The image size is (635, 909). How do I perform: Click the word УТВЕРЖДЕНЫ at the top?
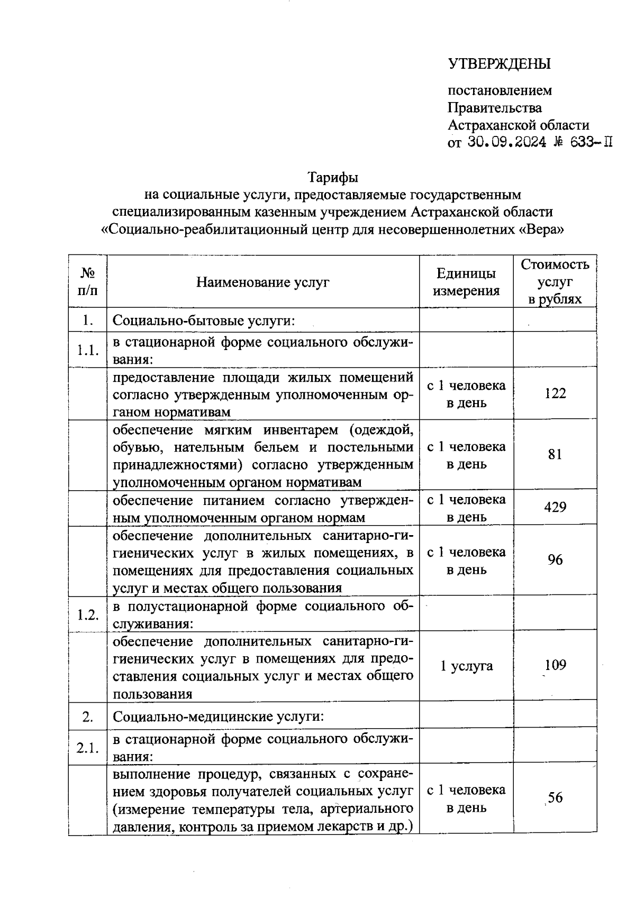point(500,64)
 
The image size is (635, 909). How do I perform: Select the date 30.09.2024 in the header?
point(507,143)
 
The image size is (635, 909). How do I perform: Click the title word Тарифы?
point(333,177)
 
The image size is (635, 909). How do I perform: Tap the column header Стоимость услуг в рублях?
point(555,281)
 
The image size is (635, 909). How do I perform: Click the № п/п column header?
point(87,281)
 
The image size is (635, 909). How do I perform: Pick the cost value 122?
point(555,393)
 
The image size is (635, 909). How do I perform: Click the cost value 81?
point(555,455)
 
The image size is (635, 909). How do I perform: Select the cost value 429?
point(555,508)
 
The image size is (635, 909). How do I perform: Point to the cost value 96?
point(555,560)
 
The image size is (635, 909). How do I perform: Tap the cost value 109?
point(555,665)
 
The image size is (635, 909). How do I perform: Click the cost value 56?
point(555,798)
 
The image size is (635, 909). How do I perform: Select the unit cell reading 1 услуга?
point(466,666)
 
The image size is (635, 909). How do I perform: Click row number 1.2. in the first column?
point(88,615)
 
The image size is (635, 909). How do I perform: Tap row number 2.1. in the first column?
point(88,748)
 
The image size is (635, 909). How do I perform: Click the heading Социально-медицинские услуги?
point(218,717)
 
